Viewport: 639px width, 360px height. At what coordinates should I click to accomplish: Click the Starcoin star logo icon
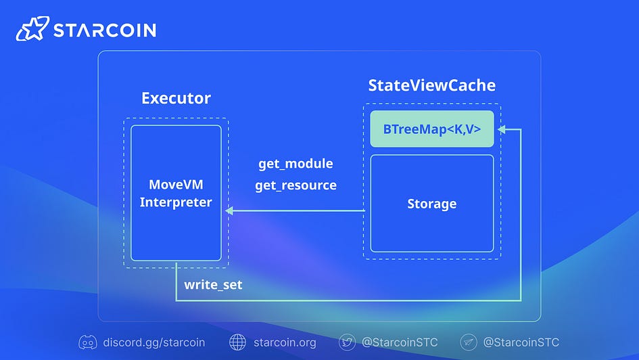coord(32,28)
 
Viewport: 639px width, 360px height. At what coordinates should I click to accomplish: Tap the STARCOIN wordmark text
coord(105,30)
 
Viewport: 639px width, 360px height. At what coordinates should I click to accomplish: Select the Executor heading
coord(176,98)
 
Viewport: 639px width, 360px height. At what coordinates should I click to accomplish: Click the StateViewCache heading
coord(432,86)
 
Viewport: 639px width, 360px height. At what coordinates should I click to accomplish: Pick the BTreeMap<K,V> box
coord(432,129)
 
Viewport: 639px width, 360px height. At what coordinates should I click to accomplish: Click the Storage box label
coord(432,204)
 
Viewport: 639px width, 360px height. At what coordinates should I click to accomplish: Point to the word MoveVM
coord(176,185)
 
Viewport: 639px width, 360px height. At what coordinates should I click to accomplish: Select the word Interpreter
coord(176,202)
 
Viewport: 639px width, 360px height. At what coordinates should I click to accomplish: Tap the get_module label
coord(296,164)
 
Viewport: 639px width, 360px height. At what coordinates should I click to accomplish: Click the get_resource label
coord(296,185)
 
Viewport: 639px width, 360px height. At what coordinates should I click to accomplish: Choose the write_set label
coord(213,285)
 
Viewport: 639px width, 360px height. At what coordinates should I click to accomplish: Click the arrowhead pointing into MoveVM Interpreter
coord(229,210)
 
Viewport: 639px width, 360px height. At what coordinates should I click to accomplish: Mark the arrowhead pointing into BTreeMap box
coord(502,129)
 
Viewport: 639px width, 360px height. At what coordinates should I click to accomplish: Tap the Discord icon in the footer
coord(88,342)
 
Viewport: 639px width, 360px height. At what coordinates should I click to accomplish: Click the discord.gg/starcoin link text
coord(154,342)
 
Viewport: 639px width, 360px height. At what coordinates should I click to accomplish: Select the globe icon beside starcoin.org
coord(237,342)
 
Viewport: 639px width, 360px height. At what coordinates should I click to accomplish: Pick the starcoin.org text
coord(285,342)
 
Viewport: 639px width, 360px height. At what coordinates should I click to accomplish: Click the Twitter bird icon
coord(347,342)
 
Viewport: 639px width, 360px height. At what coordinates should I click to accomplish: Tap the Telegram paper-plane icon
coord(468,342)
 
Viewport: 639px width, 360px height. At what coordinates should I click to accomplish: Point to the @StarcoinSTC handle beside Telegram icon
coord(521,342)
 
